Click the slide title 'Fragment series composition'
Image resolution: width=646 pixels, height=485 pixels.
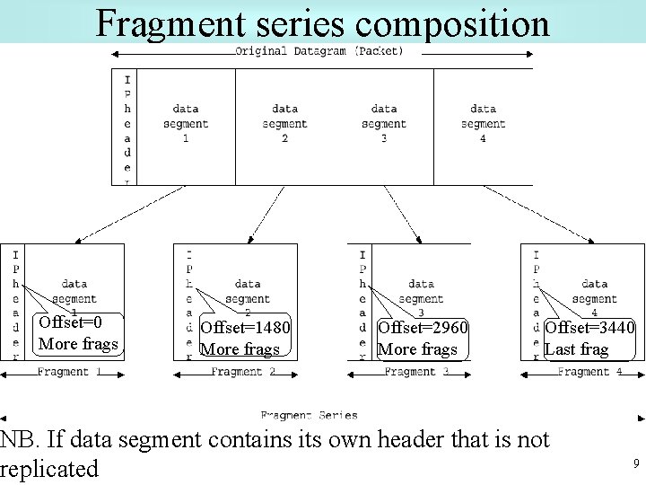pyautogui.click(x=322, y=22)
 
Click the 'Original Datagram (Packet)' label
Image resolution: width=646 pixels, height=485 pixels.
pyautogui.click(x=319, y=51)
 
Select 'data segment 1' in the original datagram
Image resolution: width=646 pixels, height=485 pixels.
pyautogui.click(x=186, y=123)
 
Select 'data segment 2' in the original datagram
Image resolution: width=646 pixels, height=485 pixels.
pyautogui.click(x=284, y=123)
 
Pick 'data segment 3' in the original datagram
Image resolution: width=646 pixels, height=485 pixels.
pyautogui.click(x=383, y=123)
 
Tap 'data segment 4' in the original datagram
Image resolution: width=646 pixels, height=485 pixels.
pyautogui.click(x=483, y=123)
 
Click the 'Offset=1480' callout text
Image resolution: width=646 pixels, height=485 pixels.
pyautogui.click(x=245, y=329)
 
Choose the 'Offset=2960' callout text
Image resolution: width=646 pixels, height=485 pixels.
pyautogui.click(x=423, y=329)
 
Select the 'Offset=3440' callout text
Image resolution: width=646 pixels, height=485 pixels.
pyautogui.click(x=589, y=329)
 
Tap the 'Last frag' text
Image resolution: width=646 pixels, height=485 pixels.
pyautogui.click(x=576, y=349)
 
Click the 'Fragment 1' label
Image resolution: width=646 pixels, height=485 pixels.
pyautogui.click(x=69, y=372)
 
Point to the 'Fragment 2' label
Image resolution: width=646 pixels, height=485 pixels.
pyautogui.click(x=243, y=372)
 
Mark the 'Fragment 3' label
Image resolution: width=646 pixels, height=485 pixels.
pyautogui.click(x=416, y=372)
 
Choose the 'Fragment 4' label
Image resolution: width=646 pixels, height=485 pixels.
pyautogui.click(x=589, y=372)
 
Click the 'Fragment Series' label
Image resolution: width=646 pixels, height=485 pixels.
pyautogui.click(x=309, y=416)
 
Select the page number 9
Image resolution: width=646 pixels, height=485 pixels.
pyautogui.click(x=635, y=463)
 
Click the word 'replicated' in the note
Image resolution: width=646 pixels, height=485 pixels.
pyautogui.click(x=49, y=469)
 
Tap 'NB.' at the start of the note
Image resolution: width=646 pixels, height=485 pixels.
pyautogui.click(x=19, y=439)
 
